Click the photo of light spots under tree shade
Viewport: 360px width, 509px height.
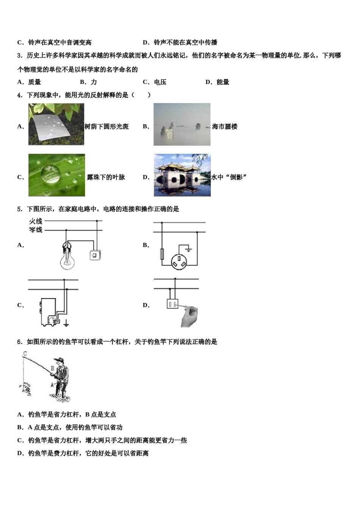[x=56, y=124]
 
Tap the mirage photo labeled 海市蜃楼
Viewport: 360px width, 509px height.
[x=182, y=124]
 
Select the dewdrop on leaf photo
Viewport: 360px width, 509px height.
[x=56, y=175]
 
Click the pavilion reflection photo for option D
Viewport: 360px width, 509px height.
[x=182, y=175]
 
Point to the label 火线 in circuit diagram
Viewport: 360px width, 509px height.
[x=36, y=221]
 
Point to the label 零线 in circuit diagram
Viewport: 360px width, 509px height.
[x=36, y=230]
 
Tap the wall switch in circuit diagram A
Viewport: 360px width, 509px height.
[x=94, y=256]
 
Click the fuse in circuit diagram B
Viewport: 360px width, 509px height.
[x=162, y=254]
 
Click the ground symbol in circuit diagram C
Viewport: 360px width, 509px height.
[x=66, y=323]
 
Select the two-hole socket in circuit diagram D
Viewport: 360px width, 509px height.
[x=172, y=303]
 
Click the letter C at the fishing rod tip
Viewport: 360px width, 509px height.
[x=25, y=354]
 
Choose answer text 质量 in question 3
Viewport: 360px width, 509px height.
[x=34, y=82]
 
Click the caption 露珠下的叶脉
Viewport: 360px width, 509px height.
[x=106, y=177]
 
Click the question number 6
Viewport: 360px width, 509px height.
[x=19, y=342]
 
